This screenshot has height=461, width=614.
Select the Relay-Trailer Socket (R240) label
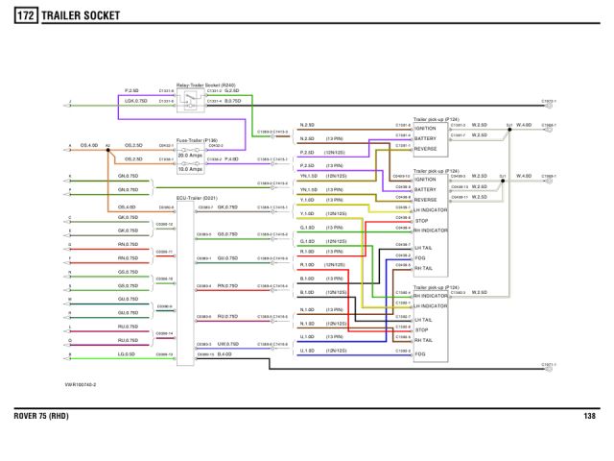click(x=205, y=85)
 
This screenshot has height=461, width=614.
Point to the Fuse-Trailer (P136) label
click(x=198, y=139)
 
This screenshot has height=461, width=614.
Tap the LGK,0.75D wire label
click(x=135, y=100)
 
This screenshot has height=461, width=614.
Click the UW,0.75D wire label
click(x=228, y=343)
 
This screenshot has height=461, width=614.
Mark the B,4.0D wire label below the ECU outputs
click(x=225, y=354)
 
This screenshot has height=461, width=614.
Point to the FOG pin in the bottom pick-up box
click(x=421, y=353)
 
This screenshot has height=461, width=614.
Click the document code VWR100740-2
click(x=81, y=384)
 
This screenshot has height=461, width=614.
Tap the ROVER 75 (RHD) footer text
click(x=42, y=416)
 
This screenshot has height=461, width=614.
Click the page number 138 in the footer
click(x=589, y=416)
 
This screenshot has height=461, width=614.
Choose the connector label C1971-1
click(x=549, y=366)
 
